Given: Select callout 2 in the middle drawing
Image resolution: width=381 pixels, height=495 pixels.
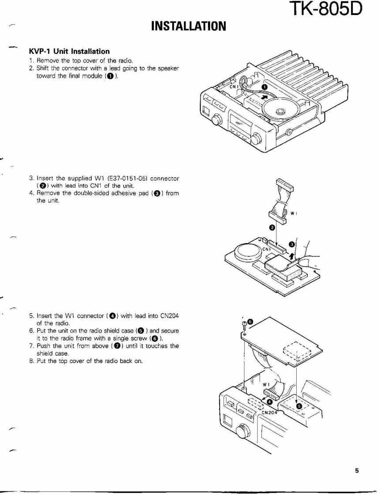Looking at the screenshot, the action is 272,227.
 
